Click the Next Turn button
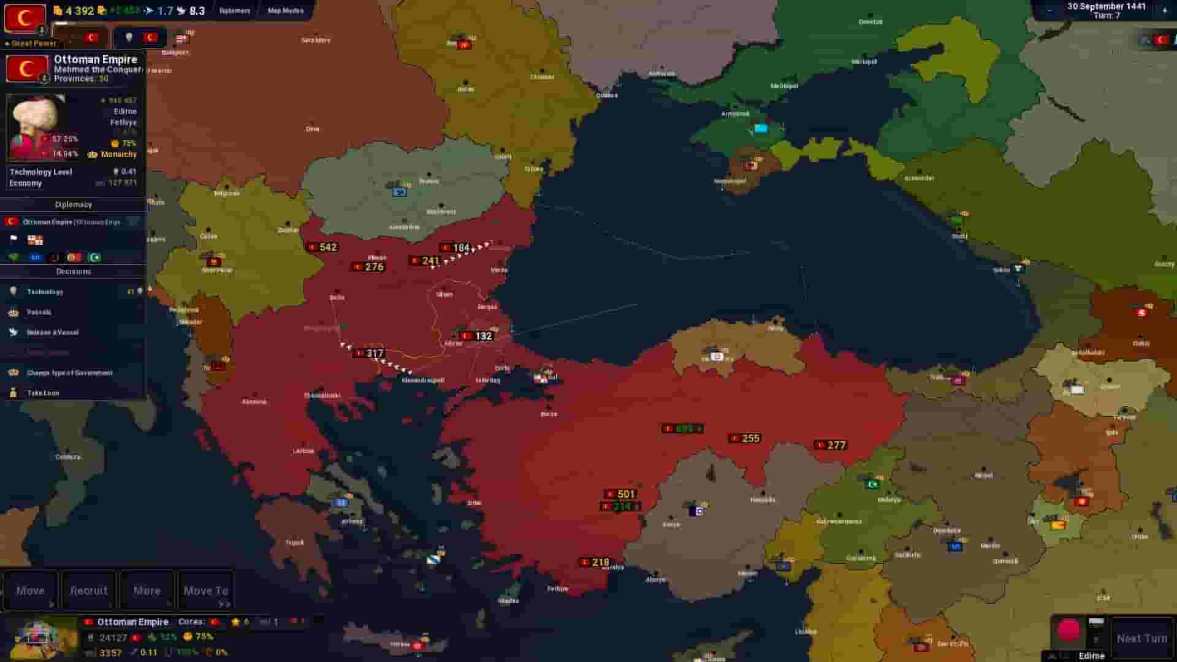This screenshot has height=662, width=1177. [1141, 638]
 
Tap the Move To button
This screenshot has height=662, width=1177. [206, 591]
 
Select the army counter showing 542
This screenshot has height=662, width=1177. [322, 247]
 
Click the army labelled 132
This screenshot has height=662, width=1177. [477, 336]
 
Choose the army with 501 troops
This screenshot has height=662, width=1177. [620, 494]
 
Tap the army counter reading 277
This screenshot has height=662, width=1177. [831, 446]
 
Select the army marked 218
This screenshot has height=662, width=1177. [595, 562]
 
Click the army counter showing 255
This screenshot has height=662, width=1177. [745, 438]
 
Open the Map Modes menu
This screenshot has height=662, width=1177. [285, 10]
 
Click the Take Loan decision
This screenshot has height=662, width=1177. [43, 393]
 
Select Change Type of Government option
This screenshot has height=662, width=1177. [69, 373]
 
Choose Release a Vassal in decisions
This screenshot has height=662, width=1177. [53, 332]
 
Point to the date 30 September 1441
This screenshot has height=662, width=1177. [1106, 6]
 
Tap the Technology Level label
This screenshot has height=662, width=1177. [41, 172]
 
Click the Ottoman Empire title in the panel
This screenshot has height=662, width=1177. [96, 59]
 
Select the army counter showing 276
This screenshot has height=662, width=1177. [368, 267]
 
